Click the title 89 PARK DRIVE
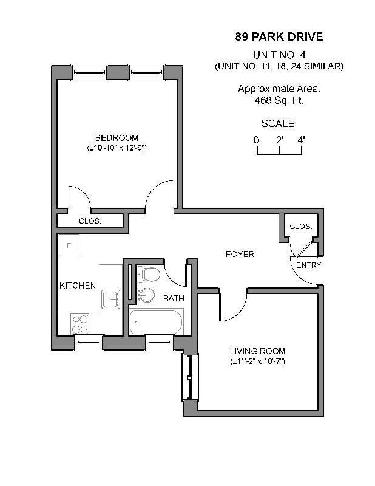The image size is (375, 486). point(279,37)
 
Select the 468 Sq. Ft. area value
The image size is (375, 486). point(279,100)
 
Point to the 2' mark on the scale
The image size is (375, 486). point(279,140)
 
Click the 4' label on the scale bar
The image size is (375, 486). point(301,140)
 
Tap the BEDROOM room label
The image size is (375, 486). point(117,138)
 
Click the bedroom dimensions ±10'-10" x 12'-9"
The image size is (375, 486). point(117,148)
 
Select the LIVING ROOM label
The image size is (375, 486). point(257,351)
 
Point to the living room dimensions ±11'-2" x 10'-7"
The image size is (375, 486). point(257,361)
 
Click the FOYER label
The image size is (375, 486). point(240,254)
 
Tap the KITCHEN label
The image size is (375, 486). point(77,286)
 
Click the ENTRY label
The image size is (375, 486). point(308,265)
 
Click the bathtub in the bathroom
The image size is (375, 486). point(155,322)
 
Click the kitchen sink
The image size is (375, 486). point(110,299)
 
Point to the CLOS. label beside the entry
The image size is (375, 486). point(300,227)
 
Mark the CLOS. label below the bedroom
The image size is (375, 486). point(90,221)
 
